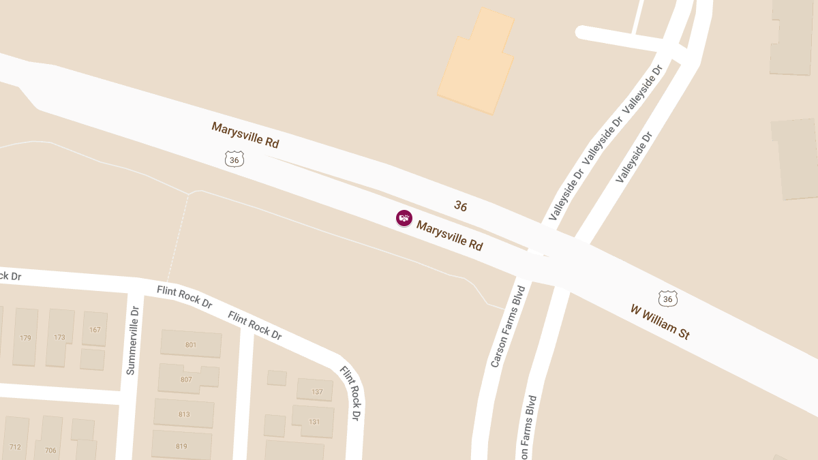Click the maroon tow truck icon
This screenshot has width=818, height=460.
404,218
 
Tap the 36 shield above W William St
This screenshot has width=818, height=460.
668,298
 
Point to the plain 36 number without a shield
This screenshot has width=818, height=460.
461,206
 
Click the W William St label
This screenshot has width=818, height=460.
660,322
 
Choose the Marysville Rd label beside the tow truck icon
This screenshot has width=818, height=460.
450,236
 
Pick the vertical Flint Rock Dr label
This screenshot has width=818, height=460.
349,393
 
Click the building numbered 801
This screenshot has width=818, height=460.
191,343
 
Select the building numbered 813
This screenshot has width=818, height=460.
184,414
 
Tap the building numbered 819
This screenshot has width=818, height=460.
181,446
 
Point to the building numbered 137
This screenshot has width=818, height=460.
316,391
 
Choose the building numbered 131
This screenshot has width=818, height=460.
314,421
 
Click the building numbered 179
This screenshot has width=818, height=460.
26,337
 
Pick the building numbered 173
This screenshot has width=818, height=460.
59,337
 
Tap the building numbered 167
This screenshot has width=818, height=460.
95,329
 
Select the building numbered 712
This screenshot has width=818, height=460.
15,446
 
